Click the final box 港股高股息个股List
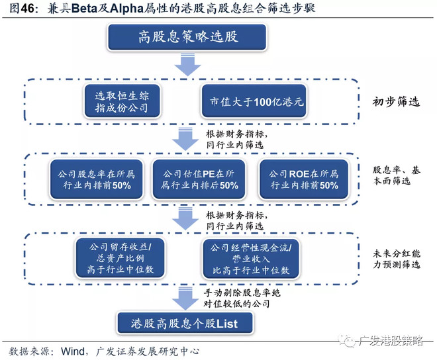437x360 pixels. click(177, 323)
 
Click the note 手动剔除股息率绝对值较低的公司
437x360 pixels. click(245, 296)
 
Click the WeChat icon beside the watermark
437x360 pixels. click(346, 341)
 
